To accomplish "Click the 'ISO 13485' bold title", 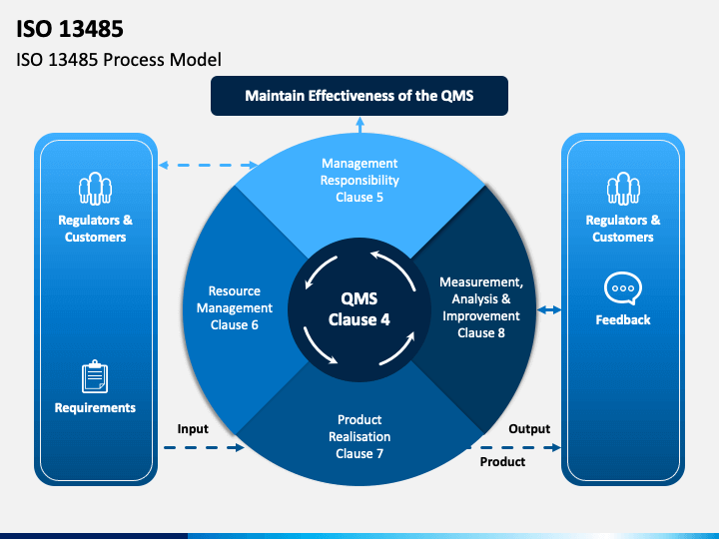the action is [70, 28].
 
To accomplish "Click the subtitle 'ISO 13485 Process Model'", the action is [119, 60].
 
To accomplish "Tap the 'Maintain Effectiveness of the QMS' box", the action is [359, 96].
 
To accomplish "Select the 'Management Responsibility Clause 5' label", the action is [359, 180].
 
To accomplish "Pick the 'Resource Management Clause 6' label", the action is [235, 308].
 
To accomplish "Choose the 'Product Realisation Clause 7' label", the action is [359, 436].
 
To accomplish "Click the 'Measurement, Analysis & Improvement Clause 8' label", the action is [481, 307].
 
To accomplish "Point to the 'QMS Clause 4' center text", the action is [359, 309].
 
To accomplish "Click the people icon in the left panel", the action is [96, 189].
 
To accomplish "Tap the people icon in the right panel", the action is [623, 189].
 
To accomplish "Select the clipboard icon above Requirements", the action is [95, 376].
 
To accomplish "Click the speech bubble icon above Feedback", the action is [623, 288].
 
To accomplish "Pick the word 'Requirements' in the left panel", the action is [95, 407].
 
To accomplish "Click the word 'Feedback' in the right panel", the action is [623, 319].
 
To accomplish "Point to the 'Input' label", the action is [193, 429].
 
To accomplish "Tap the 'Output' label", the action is [529, 429].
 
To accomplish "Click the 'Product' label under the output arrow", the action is [502, 461].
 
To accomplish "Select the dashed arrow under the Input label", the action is [204, 447].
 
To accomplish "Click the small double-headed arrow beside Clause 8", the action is [549, 310].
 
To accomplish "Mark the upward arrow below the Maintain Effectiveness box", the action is [359, 125].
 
